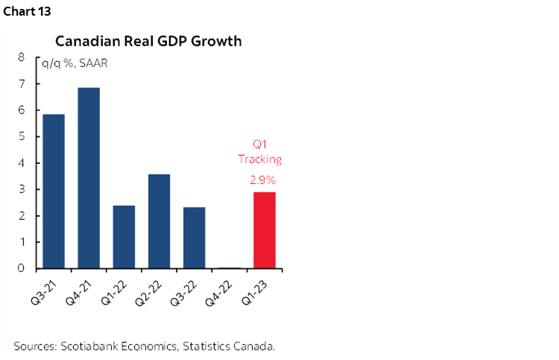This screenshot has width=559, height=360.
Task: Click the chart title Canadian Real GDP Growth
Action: [x=148, y=41]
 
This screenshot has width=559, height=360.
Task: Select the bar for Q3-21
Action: [x=54, y=191]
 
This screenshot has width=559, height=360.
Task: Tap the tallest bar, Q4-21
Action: [x=89, y=178]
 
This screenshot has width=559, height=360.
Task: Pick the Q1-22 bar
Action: [x=124, y=237]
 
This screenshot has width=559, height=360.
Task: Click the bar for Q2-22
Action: [x=159, y=221]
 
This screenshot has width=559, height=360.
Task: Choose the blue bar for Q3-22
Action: [x=194, y=238]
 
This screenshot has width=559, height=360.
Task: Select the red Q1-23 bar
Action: [x=265, y=230]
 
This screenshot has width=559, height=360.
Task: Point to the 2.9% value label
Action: [x=264, y=180]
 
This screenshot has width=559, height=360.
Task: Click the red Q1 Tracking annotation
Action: [x=260, y=152]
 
